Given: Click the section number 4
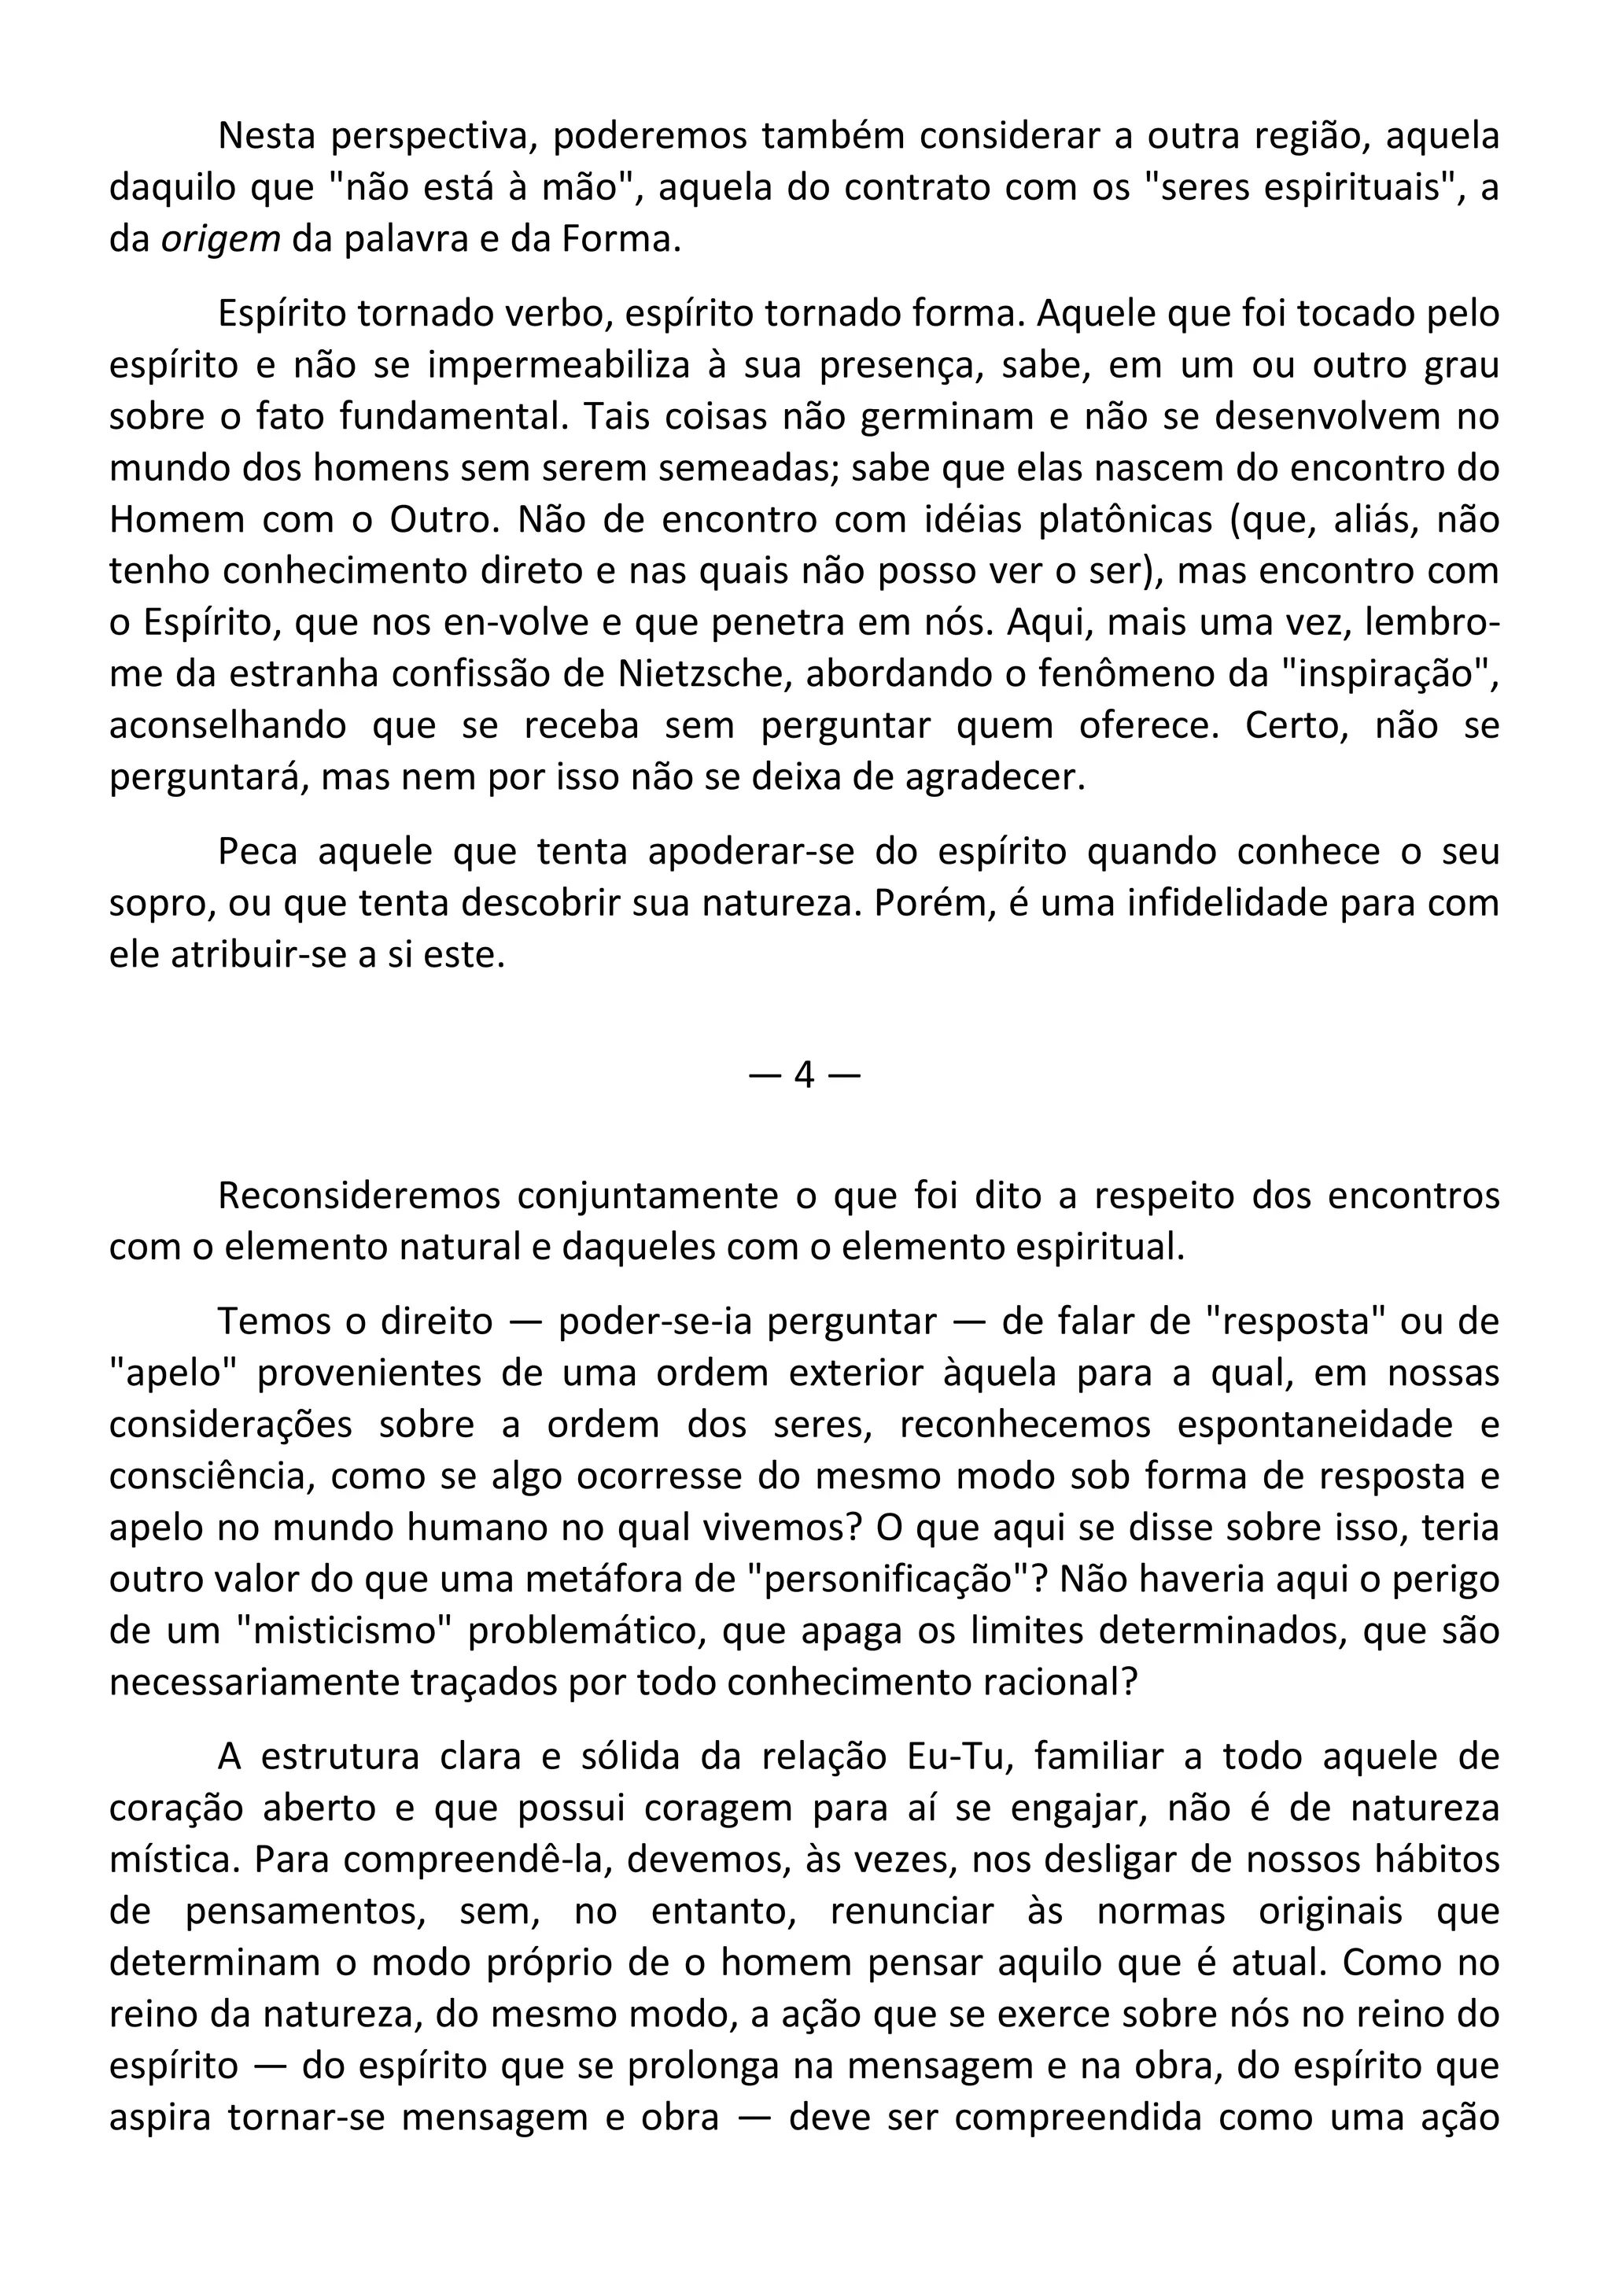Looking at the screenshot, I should tap(804, 1075).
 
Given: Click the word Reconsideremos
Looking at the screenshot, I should tap(358, 1196).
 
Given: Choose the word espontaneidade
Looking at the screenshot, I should tap(1316, 1425).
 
